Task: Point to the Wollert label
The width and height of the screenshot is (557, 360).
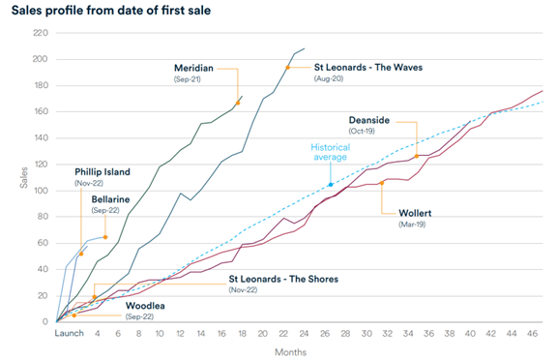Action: (x=404, y=212)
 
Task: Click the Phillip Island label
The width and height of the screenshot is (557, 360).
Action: (x=104, y=171)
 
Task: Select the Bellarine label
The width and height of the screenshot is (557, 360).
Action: (x=113, y=199)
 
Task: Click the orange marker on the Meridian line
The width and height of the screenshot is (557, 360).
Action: (x=238, y=103)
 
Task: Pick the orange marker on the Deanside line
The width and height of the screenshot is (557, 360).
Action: (x=417, y=156)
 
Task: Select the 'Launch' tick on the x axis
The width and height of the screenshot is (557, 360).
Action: (x=70, y=333)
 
